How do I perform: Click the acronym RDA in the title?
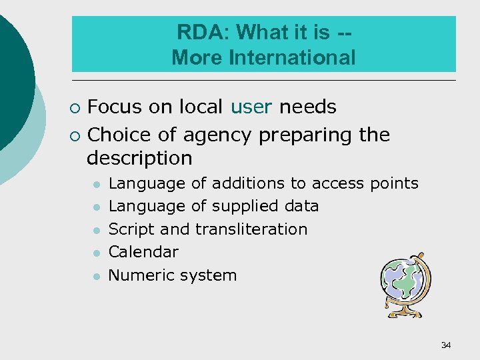[194, 32]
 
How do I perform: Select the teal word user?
[252, 107]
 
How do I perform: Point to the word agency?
[217, 135]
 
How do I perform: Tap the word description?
[139, 158]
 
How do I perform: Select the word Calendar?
[143, 252]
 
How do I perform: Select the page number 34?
[446, 345]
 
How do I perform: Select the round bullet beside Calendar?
[97, 253]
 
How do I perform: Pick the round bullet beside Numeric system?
[97, 276]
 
